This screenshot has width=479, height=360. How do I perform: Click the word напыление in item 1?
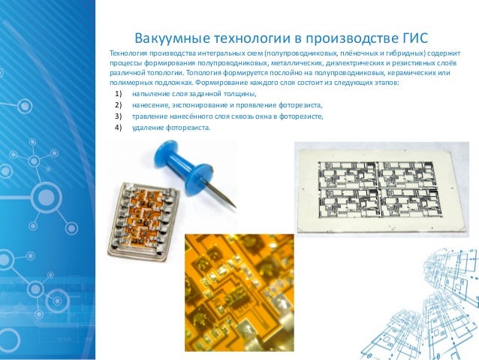(151, 94)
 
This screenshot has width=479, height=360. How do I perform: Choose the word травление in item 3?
(150, 116)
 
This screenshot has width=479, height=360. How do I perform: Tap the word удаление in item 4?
(149, 127)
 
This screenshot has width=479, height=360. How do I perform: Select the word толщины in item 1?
(239, 94)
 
